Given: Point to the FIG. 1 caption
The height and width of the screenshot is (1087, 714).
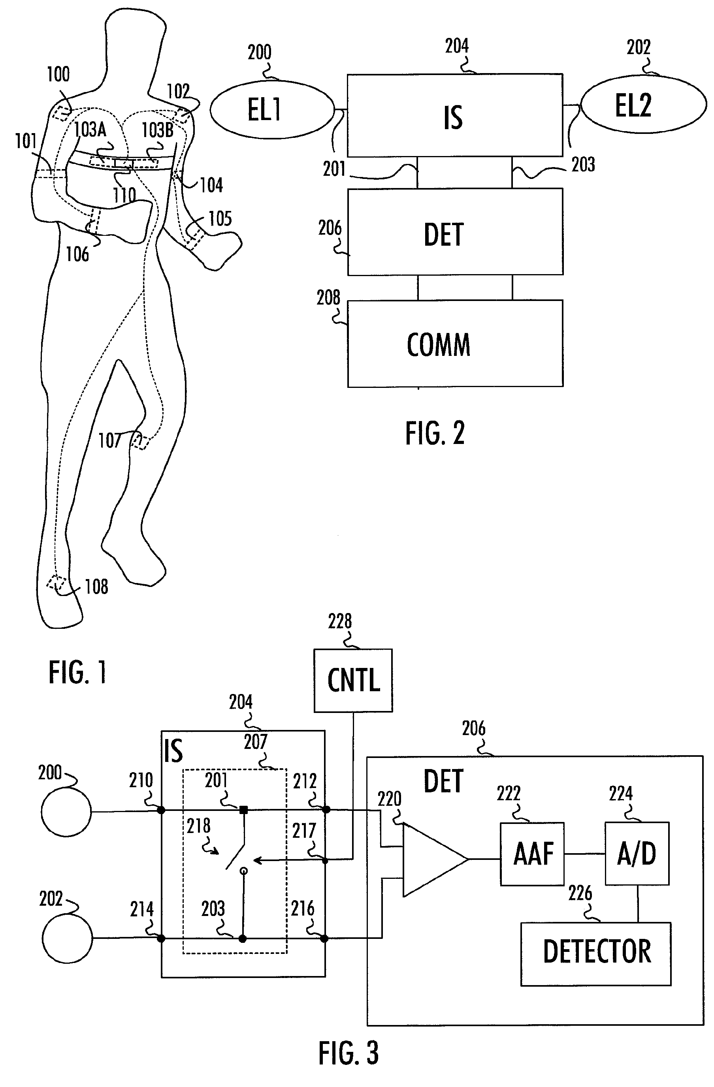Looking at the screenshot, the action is pyautogui.click(x=78, y=672).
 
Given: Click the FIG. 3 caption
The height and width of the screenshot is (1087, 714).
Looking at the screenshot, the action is pyautogui.click(x=349, y=1053).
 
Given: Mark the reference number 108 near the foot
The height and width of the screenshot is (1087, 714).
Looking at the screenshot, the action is pyautogui.click(x=96, y=587).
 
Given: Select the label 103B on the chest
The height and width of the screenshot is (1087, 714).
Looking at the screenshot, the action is pyautogui.click(x=158, y=130).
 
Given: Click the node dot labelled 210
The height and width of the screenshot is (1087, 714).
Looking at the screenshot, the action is pyautogui.click(x=161, y=810).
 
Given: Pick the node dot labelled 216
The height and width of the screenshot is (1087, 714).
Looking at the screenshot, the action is pyautogui.click(x=324, y=939).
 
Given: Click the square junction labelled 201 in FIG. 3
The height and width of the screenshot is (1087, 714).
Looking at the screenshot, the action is pyautogui.click(x=244, y=810).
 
